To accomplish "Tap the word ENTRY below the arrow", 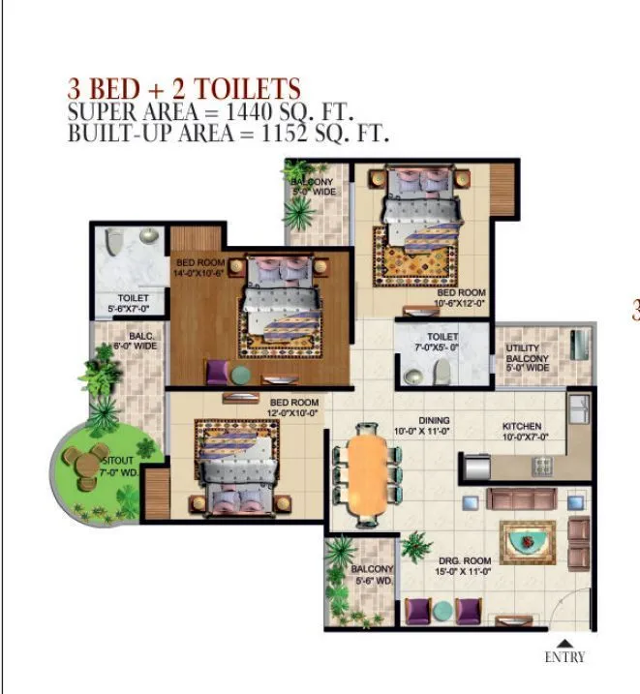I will (x=565, y=657).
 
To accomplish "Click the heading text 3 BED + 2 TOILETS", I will (x=184, y=88).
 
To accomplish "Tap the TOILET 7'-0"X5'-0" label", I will (x=423, y=340).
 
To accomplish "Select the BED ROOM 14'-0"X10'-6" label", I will (x=200, y=268).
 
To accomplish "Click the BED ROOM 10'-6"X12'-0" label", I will (x=460, y=297).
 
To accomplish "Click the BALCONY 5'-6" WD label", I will (x=372, y=575).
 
